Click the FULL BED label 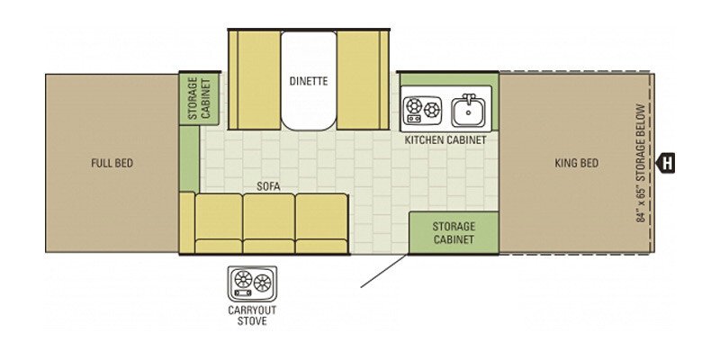click(112, 163)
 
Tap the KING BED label click(576, 163)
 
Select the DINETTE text click(309, 81)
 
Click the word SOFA click(268, 187)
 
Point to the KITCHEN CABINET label click(445, 140)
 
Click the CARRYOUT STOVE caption click(252, 316)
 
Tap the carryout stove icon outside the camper click(252, 283)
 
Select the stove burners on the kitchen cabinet click(422, 110)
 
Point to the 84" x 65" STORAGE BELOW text click(641, 164)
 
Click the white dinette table click(309, 81)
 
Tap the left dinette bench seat click(256, 80)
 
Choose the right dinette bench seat click(363, 80)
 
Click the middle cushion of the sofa click(268, 223)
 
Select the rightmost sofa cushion click(321, 223)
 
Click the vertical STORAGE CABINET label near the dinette click(199, 98)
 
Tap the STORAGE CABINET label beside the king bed click(454, 233)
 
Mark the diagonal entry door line click(384, 271)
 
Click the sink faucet click(468, 98)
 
